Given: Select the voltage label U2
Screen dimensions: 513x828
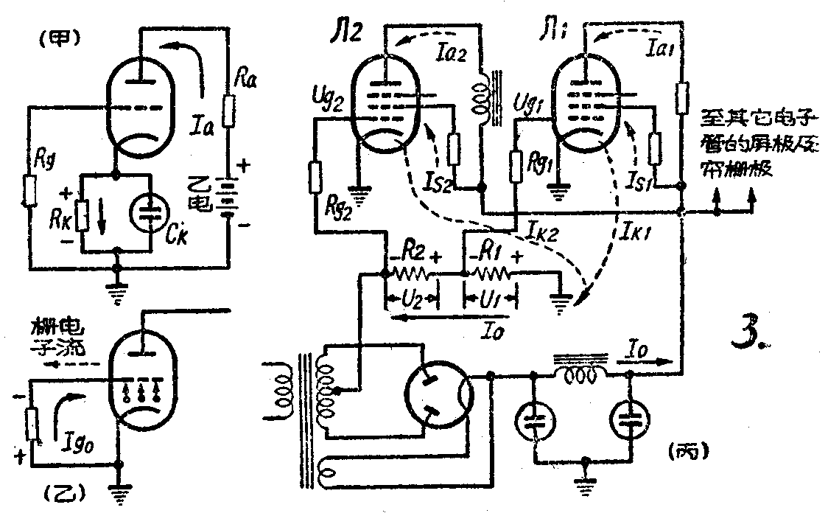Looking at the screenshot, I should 411,301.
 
